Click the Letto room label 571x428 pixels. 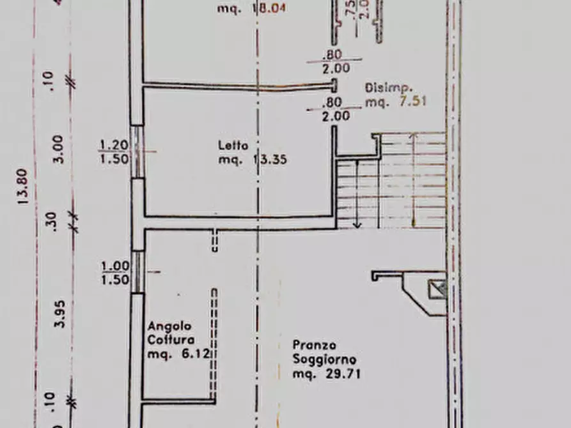coord(233,145)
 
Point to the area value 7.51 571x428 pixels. coord(413,101)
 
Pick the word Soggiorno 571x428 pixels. coord(324,360)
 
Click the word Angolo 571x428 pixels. coord(165,326)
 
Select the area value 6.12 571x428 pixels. coord(196,354)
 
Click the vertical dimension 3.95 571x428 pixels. coord(59,314)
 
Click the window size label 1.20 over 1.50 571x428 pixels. coord(114,152)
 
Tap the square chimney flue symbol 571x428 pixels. coord(439,289)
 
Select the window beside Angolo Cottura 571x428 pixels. coord(137,271)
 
